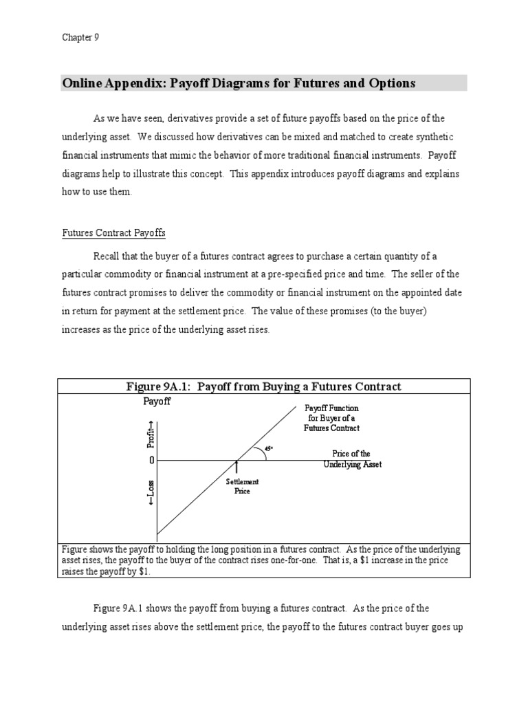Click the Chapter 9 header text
click(x=80, y=38)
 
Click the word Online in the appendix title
click(x=81, y=83)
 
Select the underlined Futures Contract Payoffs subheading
click(x=113, y=233)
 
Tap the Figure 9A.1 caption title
click(x=263, y=386)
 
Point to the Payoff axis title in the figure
click(x=156, y=401)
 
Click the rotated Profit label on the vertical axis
click(x=151, y=434)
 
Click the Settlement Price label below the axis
click(x=238, y=487)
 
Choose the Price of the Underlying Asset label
click(x=352, y=459)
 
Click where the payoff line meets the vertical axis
click(x=157, y=534)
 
